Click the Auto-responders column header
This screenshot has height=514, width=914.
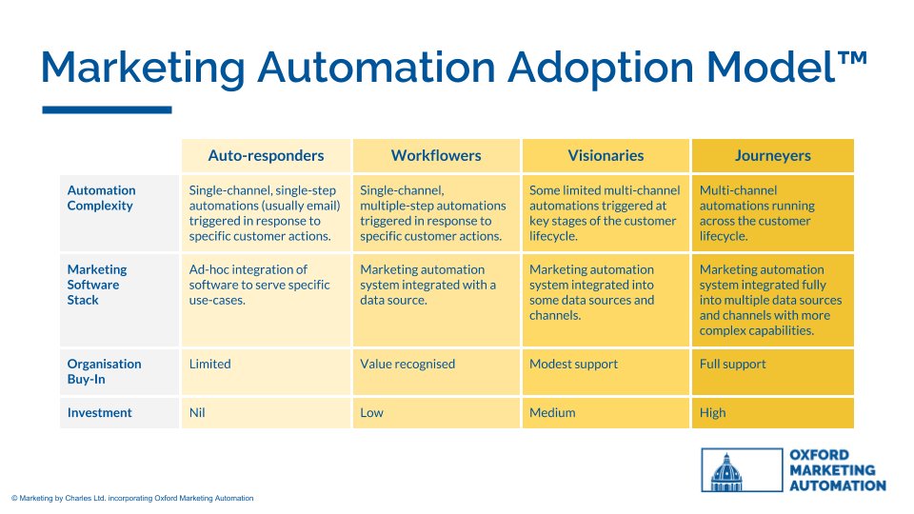click(x=266, y=155)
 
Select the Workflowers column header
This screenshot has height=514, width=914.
click(x=436, y=155)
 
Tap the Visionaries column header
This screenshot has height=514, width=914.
click(x=606, y=155)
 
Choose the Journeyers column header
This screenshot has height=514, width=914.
click(x=772, y=155)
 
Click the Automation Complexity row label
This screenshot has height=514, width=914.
click(x=102, y=198)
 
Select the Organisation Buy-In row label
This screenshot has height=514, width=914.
click(x=104, y=371)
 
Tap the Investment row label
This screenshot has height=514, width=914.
click(x=99, y=413)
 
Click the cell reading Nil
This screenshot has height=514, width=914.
click(x=199, y=413)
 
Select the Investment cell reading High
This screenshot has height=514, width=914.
click(x=712, y=413)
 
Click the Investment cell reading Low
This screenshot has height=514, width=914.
click(x=370, y=413)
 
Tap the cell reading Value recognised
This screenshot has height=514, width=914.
click(x=407, y=364)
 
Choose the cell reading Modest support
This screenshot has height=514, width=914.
click(x=573, y=364)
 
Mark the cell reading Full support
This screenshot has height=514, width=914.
click(x=732, y=364)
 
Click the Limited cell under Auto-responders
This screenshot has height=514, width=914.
click(x=211, y=364)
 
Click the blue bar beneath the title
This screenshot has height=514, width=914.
click(x=107, y=110)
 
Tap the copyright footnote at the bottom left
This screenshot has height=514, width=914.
click(x=132, y=498)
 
